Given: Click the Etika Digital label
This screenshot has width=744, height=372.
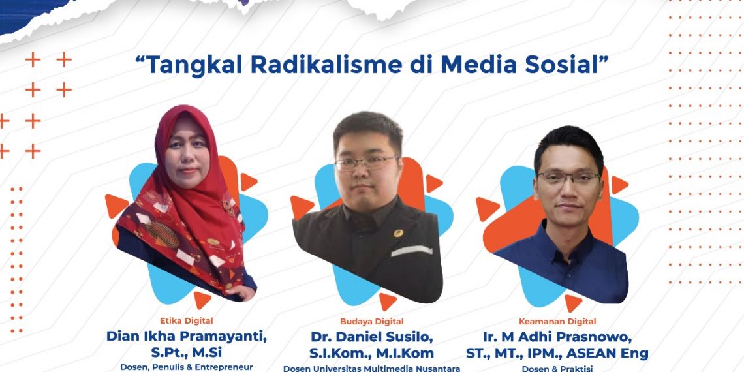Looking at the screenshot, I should (187, 320).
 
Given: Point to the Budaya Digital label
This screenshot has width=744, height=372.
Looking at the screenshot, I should (371, 321).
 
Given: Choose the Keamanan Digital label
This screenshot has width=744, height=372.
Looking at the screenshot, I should (557, 321).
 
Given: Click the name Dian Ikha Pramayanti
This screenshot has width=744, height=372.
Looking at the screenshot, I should (187, 337).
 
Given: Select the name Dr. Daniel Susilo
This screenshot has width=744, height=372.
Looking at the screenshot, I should (371, 337).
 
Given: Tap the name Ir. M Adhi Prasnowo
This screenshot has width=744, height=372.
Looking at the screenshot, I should (557, 337).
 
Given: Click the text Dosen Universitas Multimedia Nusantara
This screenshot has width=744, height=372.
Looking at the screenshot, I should (371, 368).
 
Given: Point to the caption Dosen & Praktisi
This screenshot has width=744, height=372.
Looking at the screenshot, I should (557, 368).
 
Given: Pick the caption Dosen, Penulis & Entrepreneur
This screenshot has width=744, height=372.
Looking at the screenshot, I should (187, 367).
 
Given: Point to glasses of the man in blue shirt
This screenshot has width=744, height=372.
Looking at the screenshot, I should (568, 178).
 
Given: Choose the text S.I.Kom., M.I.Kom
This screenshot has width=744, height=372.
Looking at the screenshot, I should (371, 354).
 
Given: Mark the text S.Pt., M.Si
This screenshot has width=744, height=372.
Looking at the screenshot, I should (187, 352).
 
